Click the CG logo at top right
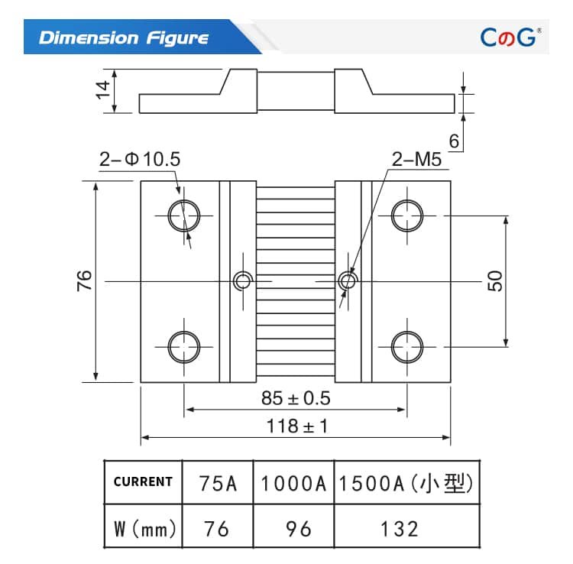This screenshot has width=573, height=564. [x=510, y=37]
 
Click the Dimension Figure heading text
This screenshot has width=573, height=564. [x=123, y=37]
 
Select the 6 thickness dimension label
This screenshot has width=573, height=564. [x=454, y=141]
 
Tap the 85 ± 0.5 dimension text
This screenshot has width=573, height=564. [x=295, y=398]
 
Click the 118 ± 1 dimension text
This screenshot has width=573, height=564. [x=295, y=426]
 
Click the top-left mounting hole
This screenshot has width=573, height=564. [x=183, y=216]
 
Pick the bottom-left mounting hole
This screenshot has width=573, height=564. [x=183, y=346]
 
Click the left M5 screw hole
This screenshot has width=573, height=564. [x=242, y=280]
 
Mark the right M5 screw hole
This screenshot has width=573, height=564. [x=348, y=280]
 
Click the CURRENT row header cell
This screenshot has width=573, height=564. [x=143, y=481]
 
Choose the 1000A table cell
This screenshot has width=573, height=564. [x=293, y=483]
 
